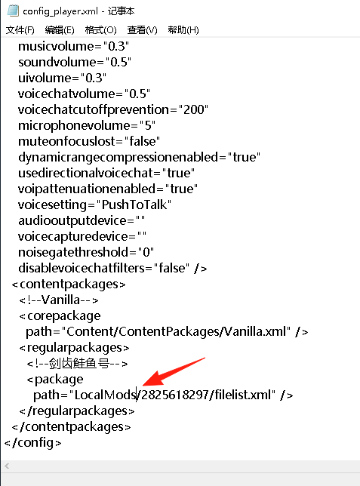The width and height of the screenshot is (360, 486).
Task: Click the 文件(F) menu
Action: tap(20, 30)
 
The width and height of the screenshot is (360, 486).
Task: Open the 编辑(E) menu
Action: tap(60, 30)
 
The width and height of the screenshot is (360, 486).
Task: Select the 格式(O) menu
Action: tap(101, 30)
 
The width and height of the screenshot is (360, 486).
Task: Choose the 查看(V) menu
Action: tap(143, 30)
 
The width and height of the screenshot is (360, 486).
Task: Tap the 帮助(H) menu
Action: tap(183, 30)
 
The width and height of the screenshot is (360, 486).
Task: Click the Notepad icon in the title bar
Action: tap(13, 11)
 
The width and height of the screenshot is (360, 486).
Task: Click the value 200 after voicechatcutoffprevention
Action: tap(194, 109)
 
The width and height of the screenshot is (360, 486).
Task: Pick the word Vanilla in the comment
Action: tap(60, 300)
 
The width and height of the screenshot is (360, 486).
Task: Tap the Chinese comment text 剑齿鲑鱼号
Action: tap(79, 363)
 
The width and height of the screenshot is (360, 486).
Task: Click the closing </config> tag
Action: tap(33, 442)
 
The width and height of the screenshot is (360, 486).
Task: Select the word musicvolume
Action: tap(56, 46)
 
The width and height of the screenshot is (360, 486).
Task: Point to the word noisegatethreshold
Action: tap(73, 252)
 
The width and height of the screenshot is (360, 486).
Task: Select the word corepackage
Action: tap(64, 316)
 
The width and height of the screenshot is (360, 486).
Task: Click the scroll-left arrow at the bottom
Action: tap(7, 466)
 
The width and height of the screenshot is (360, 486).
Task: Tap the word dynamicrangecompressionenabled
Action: tap(118, 158)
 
